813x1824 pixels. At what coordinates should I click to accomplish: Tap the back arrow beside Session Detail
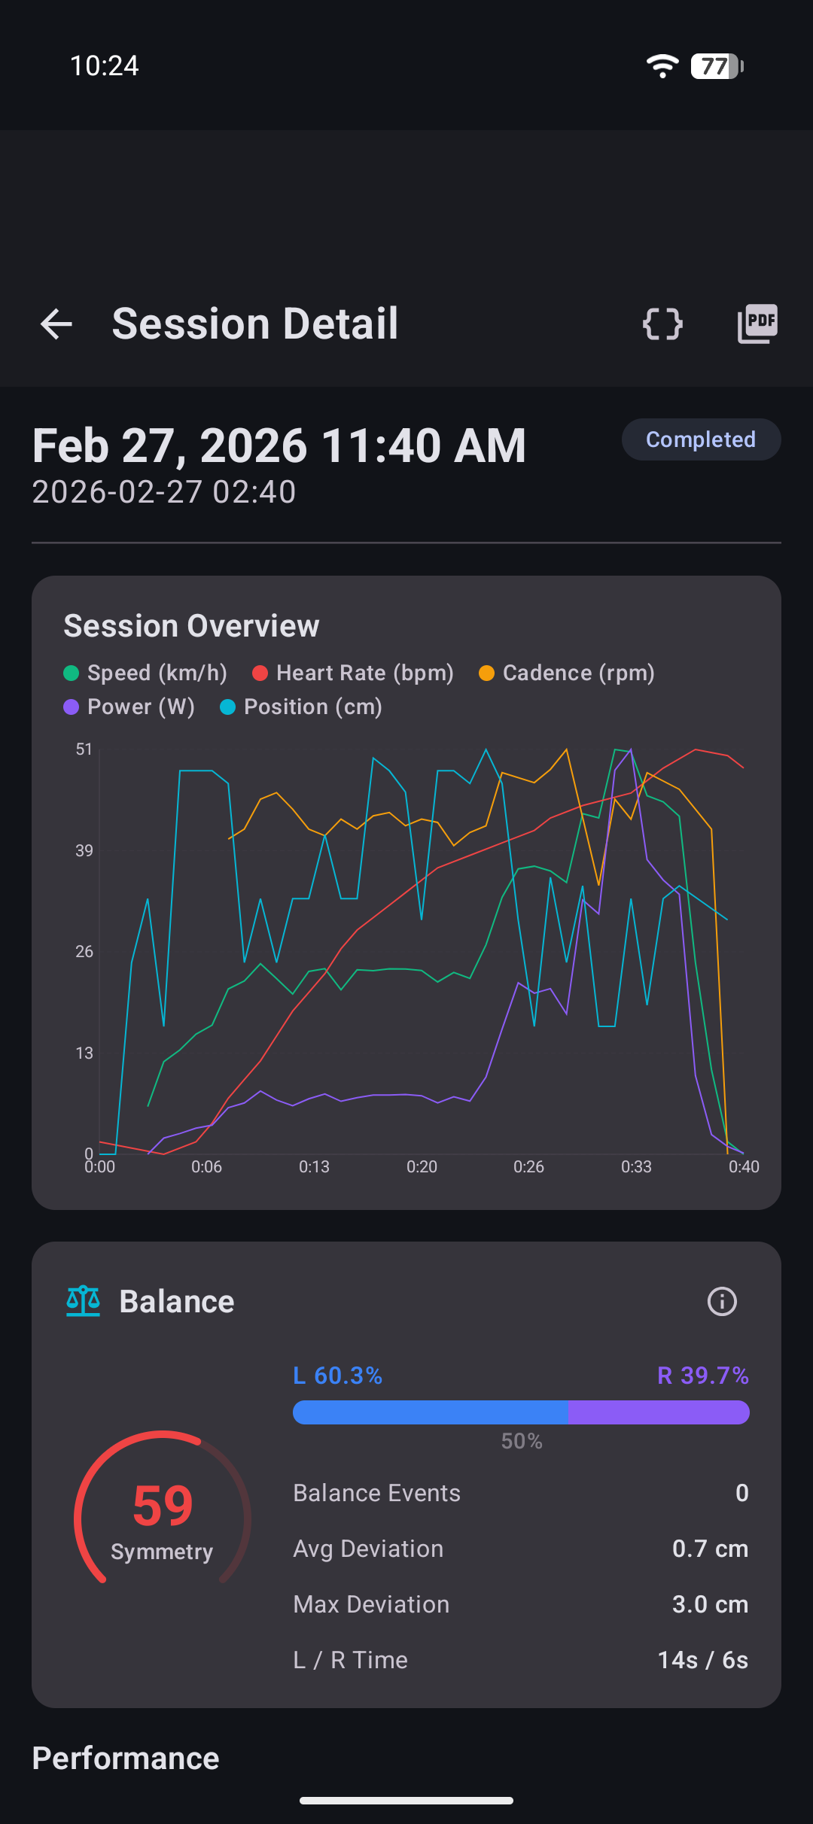(x=56, y=324)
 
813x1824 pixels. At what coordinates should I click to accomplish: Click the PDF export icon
(x=757, y=324)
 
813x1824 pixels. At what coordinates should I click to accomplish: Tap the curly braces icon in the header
(x=662, y=324)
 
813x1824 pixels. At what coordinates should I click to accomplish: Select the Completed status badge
(x=701, y=439)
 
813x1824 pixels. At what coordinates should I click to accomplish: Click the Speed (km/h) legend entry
(x=146, y=673)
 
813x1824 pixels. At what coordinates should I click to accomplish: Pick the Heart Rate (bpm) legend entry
(x=354, y=673)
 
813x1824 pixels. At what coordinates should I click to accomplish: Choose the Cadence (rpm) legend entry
(x=568, y=673)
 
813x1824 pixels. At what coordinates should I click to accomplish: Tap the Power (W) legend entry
(x=129, y=707)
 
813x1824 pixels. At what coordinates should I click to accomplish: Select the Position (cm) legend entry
(x=302, y=707)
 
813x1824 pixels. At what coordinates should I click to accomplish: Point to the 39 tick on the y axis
(x=84, y=850)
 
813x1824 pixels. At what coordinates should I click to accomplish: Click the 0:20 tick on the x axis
(x=422, y=1167)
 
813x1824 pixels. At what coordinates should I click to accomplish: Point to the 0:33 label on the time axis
(x=636, y=1167)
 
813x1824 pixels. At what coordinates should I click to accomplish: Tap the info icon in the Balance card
(x=722, y=1301)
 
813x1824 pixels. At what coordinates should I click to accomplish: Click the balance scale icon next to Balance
(x=83, y=1301)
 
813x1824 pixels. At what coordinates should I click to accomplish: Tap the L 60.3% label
(x=338, y=1376)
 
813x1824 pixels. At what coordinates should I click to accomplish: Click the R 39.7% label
(x=702, y=1376)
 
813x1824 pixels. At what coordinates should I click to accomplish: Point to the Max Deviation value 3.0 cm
(x=710, y=1604)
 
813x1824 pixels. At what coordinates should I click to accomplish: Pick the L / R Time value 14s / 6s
(x=702, y=1660)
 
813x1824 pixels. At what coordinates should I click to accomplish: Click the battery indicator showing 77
(x=717, y=66)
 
